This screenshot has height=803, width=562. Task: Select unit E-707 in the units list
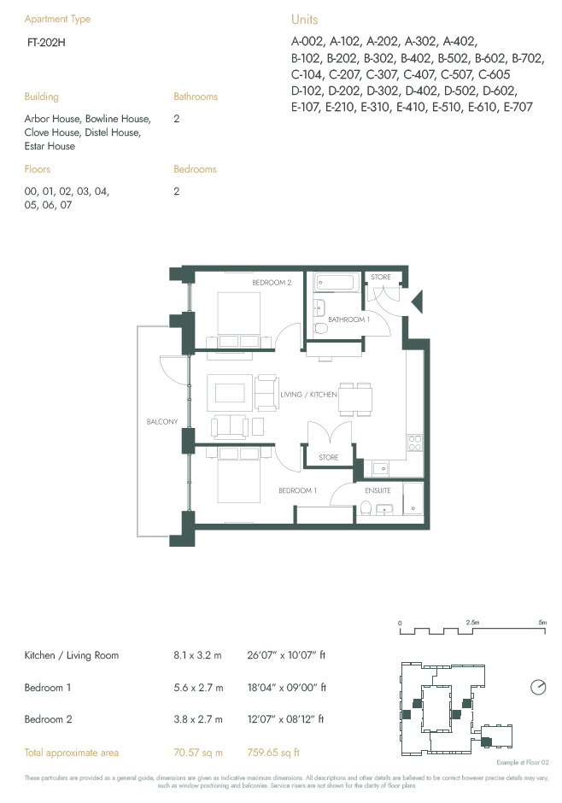[x=518, y=107]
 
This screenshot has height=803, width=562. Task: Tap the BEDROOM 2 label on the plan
[x=272, y=283]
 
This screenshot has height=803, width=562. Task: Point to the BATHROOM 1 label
[x=348, y=319]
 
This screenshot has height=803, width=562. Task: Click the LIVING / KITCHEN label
[x=308, y=395]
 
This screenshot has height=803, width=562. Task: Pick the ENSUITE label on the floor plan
[x=378, y=491]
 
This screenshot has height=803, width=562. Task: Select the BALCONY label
[x=161, y=422]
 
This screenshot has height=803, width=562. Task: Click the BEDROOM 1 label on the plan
[x=298, y=491]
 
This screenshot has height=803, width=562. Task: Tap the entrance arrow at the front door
[x=417, y=301]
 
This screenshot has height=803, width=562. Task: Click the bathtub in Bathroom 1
[x=337, y=283]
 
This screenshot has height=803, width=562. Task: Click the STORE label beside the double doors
[x=329, y=458]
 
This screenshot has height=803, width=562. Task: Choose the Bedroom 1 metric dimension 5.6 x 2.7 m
[x=197, y=688]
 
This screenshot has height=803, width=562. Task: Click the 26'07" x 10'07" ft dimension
[x=286, y=656]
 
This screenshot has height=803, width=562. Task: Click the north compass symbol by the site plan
[x=538, y=687]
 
